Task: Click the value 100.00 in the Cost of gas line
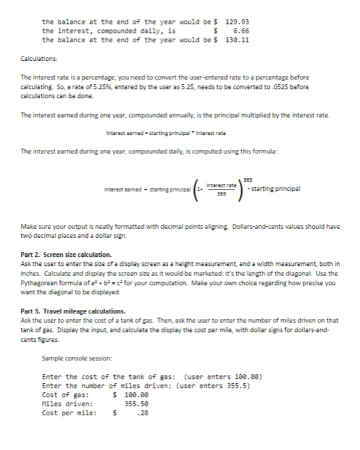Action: [135, 395]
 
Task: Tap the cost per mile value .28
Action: [142, 414]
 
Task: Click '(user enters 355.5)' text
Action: [213, 386]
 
